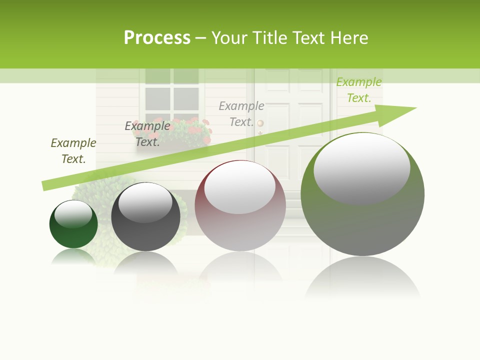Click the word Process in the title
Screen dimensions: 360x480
point(157,38)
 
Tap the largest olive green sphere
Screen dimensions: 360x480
point(362,220)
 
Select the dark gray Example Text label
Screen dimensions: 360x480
point(147,134)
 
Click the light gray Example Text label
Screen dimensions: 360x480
point(241,114)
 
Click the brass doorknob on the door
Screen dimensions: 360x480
point(260,123)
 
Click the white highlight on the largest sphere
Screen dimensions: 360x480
point(361,167)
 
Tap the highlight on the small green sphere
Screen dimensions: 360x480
point(73,213)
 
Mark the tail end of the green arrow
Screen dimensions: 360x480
point(46,185)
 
